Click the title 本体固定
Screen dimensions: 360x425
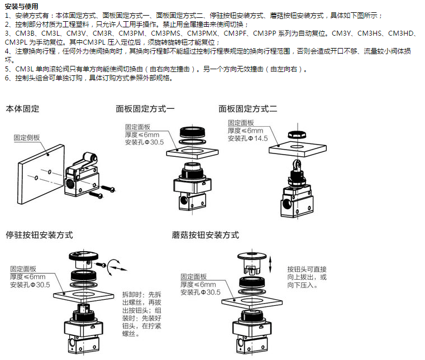[x=23, y=109]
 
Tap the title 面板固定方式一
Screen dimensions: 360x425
[x=145, y=109]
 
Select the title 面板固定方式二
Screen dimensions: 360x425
[x=248, y=109]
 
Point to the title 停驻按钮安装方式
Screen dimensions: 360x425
[x=39, y=235]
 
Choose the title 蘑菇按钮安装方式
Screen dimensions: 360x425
[x=206, y=235]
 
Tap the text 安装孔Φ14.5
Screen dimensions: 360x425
[x=247, y=138]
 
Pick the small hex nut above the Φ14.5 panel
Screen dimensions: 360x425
[x=294, y=135]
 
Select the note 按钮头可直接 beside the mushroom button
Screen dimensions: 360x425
[x=307, y=268]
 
